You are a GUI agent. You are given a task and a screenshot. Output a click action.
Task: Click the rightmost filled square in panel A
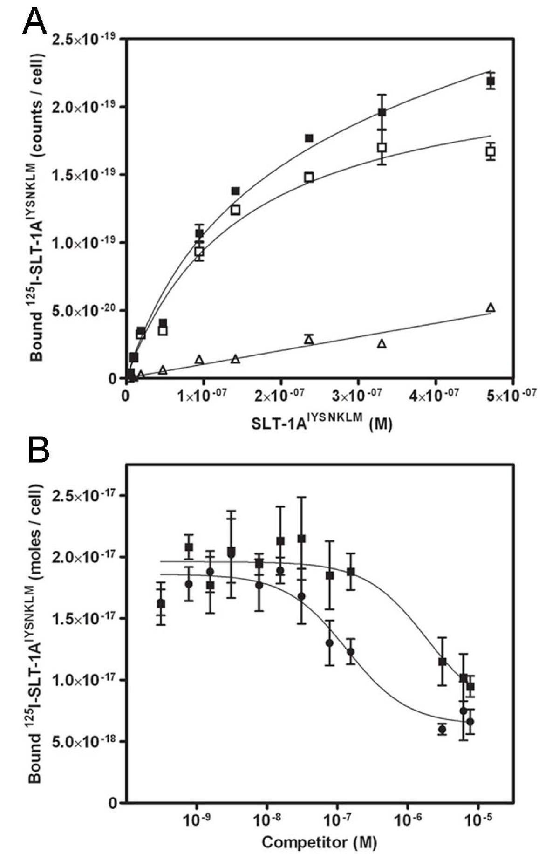491,82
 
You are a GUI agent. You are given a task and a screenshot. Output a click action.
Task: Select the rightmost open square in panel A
491,151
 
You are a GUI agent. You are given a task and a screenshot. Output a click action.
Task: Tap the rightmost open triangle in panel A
491,307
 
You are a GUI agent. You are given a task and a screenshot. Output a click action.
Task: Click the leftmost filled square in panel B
161,604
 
